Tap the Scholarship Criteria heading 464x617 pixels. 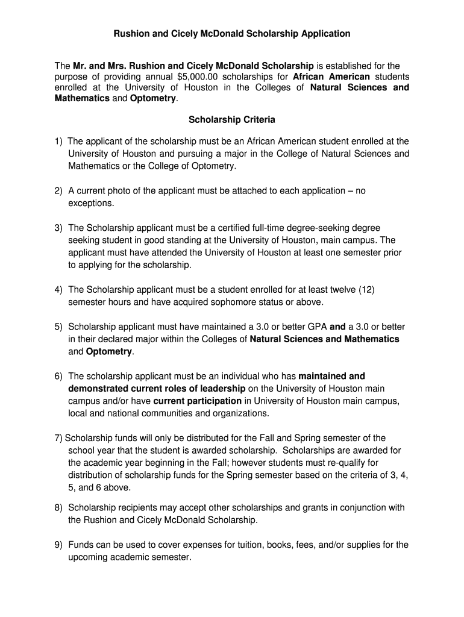click(232, 120)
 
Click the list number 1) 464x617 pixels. click(58, 141)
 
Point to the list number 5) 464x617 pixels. click(58, 327)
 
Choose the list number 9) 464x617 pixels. click(58, 545)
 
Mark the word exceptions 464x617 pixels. click(90, 203)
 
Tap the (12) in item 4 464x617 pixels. click(366, 289)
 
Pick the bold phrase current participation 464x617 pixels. click(197, 401)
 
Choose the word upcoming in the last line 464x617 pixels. click(89, 557)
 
